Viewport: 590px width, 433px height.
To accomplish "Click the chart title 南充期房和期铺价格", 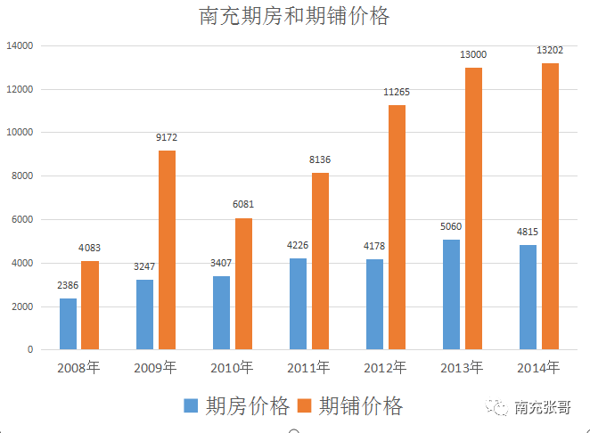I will pyautogui.click(x=294, y=17).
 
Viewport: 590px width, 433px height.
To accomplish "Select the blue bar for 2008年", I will pyautogui.click(x=68, y=323).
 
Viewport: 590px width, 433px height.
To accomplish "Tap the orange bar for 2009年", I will pyautogui.click(x=167, y=249).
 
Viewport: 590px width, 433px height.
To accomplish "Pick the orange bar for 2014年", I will pyautogui.click(x=550, y=206).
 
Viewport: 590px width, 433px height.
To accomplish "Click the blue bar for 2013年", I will pyautogui.click(x=452, y=294).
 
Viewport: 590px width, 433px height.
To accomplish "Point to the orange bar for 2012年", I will pyautogui.click(x=397, y=227).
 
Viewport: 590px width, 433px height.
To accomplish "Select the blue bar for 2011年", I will pyautogui.click(x=298, y=304).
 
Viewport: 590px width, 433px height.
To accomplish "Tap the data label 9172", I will pyautogui.click(x=167, y=138).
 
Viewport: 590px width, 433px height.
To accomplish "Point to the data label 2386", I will pyautogui.click(x=68, y=286).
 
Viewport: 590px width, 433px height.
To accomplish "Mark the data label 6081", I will pyautogui.click(x=243, y=205).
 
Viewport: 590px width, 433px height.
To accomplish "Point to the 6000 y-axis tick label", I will pyautogui.click(x=21, y=219).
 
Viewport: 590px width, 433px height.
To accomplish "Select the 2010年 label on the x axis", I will pyautogui.click(x=232, y=367).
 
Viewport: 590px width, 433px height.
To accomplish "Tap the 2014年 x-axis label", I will pyautogui.click(x=538, y=367).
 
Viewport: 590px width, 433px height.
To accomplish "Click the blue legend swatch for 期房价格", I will pyautogui.click(x=191, y=406).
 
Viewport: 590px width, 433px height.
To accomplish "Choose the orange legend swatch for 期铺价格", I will pyautogui.click(x=305, y=406).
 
